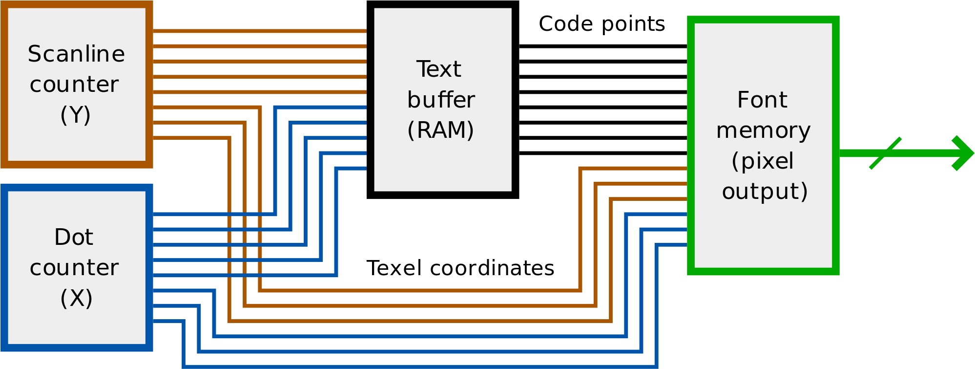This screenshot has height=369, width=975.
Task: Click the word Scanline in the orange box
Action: point(76,54)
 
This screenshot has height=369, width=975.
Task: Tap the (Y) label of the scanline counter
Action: point(75,115)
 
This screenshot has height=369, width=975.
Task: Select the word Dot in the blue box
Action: point(73,238)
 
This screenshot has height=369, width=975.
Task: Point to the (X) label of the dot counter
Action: point(76,298)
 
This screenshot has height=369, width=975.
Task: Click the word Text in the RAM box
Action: point(438,69)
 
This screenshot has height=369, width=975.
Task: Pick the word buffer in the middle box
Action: point(441,100)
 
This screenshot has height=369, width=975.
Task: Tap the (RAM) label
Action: point(440,130)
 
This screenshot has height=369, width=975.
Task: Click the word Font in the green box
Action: point(762,100)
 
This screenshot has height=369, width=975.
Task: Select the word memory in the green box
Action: point(763,131)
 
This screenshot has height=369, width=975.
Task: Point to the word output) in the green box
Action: point(765,192)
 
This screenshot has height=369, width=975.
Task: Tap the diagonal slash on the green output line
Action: point(885,153)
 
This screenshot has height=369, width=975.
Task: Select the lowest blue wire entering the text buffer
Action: point(352,169)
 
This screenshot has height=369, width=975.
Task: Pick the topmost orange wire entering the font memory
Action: point(635,169)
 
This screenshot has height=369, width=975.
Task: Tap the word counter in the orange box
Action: point(74,85)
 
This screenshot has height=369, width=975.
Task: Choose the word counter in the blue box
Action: point(74,268)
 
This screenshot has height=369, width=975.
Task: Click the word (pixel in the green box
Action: point(763,161)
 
